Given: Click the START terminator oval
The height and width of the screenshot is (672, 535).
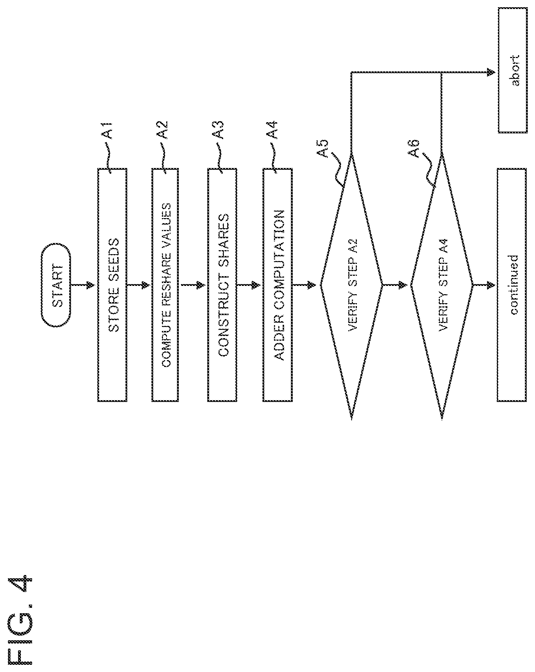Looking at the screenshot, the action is pos(56,285).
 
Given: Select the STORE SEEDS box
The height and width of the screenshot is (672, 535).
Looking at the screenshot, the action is pos(112,285).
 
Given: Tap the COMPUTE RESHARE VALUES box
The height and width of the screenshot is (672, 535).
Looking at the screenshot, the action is pos(165,285).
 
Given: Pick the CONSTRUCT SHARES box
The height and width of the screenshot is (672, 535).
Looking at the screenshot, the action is pos(222,285).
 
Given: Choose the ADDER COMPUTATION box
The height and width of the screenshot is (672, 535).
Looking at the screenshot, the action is pos(278,285).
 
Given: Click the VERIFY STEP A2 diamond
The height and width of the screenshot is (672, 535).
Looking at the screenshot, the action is pos(351,285).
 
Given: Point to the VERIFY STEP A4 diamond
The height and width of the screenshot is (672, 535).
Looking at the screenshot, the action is pos(442,285).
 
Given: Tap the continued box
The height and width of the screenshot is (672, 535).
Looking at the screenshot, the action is pos(512,285).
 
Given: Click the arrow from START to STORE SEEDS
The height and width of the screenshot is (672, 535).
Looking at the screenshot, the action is pos(83,285).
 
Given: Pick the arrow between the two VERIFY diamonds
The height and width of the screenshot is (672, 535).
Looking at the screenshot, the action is pos(396,285).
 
